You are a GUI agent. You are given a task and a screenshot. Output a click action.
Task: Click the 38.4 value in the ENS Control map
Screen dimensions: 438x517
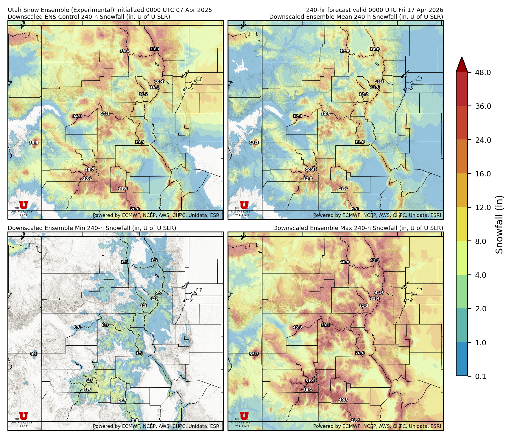(x=124, y=51)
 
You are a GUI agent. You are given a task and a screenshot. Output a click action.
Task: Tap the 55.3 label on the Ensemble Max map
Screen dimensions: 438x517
(x=254, y=354)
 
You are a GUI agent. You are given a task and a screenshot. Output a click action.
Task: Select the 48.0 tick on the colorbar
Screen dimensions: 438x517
(x=483, y=73)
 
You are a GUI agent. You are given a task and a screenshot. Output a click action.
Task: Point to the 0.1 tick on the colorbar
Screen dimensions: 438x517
(x=480, y=377)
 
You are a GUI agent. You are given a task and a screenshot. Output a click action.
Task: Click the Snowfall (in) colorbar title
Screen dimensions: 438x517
(x=499, y=224)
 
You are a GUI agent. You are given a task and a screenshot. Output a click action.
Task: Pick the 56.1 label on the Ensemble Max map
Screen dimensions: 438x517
(x=308, y=390)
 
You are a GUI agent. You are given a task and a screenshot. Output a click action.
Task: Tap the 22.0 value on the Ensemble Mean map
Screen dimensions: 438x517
(x=308, y=178)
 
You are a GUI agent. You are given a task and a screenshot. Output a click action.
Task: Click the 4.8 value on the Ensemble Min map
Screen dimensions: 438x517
(x=90, y=381)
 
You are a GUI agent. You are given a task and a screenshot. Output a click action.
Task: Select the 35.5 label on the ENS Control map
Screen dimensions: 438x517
(x=34, y=143)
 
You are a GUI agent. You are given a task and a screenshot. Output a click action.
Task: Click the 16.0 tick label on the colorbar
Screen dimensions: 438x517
(x=483, y=174)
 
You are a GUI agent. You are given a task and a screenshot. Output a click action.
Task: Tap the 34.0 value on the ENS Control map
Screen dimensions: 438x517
(x=77, y=116)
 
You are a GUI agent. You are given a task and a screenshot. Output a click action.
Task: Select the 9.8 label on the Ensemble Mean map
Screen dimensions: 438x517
(x=355, y=209)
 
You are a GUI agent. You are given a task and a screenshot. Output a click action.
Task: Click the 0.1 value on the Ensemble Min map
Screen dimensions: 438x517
(x=34, y=354)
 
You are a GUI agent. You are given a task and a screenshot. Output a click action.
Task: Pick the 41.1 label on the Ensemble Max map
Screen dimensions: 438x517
(x=375, y=260)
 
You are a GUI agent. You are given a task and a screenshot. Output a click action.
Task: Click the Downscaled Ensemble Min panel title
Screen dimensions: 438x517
(x=92, y=228)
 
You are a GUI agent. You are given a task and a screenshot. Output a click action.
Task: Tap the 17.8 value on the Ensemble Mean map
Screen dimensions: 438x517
(x=345, y=51)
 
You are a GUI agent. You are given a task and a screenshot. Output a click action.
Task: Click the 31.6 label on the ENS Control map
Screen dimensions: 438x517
(x=123, y=189)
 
